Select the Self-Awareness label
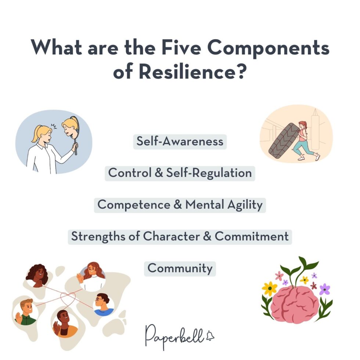(180, 141)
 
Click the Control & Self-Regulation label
(180, 173)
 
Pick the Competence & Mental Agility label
(180, 204)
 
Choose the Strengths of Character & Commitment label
(180, 236)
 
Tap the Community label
(180, 268)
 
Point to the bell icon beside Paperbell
(210, 335)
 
